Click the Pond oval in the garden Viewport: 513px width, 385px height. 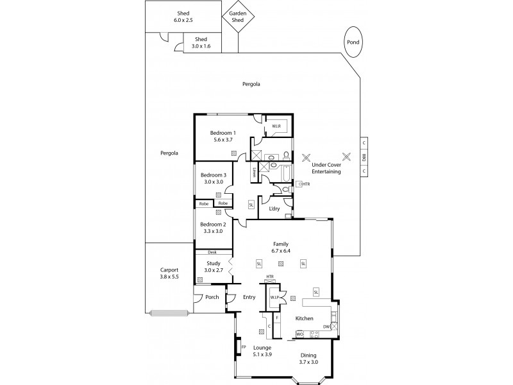(x=353, y=42)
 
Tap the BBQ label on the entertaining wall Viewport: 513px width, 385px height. (x=364, y=157)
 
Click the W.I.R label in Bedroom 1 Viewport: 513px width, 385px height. (x=276, y=126)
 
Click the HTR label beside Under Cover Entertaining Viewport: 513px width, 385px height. (x=306, y=184)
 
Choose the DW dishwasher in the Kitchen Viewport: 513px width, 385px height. (x=326, y=327)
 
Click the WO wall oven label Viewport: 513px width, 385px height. (x=299, y=334)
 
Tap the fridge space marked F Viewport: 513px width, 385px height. (x=277, y=317)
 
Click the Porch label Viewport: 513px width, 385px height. (x=212, y=297)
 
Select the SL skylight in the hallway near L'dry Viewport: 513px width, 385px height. (x=251, y=205)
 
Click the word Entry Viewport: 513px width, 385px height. (x=249, y=297)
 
